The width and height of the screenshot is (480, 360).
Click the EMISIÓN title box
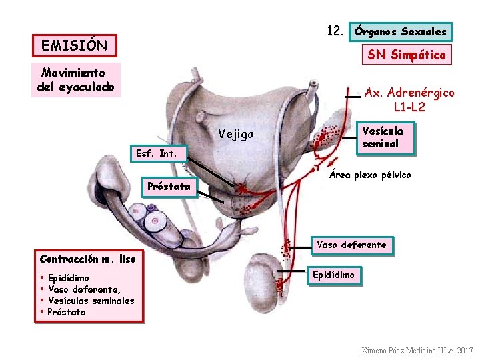tap(75, 46)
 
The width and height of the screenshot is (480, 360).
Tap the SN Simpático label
tap(406, 55)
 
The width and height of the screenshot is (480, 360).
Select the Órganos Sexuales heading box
tap(401, 31)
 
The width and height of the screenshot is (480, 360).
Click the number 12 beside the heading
tap(335, 31)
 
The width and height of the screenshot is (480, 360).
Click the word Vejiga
tap(236, 135)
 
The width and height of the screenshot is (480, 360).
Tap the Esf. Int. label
tap(156, 153)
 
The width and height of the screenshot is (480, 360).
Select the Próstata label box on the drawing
tap(169, 187)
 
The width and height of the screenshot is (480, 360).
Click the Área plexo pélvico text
tap(370, 175)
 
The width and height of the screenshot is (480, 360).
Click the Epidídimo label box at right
tap(335, 275)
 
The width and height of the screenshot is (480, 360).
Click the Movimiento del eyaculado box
tap(77, 79)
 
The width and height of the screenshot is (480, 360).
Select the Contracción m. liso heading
tap(87, 259)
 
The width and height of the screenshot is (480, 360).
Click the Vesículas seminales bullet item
tap(91, 301)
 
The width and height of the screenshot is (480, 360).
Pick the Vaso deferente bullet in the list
tap(84, 289)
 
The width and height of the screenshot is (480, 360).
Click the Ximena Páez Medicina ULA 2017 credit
tap(417, 350)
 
